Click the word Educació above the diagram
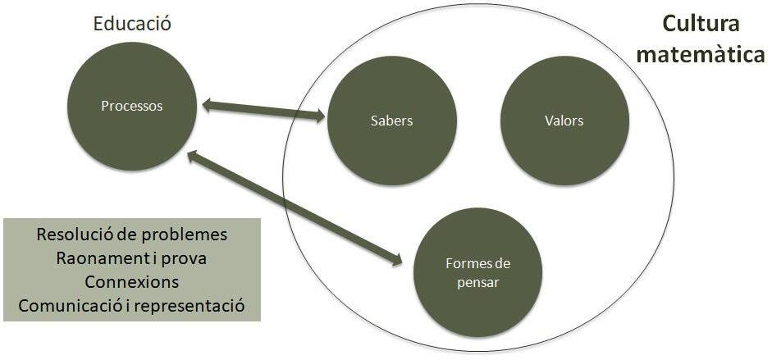pos(132,24)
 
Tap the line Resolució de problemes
pos(132,234)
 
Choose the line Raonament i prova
pos(132,257)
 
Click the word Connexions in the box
pos(132,281)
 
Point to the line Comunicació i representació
pos(132,306)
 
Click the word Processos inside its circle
pos(132,106)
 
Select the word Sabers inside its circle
pos(391,121)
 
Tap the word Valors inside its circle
pos(564,121)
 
